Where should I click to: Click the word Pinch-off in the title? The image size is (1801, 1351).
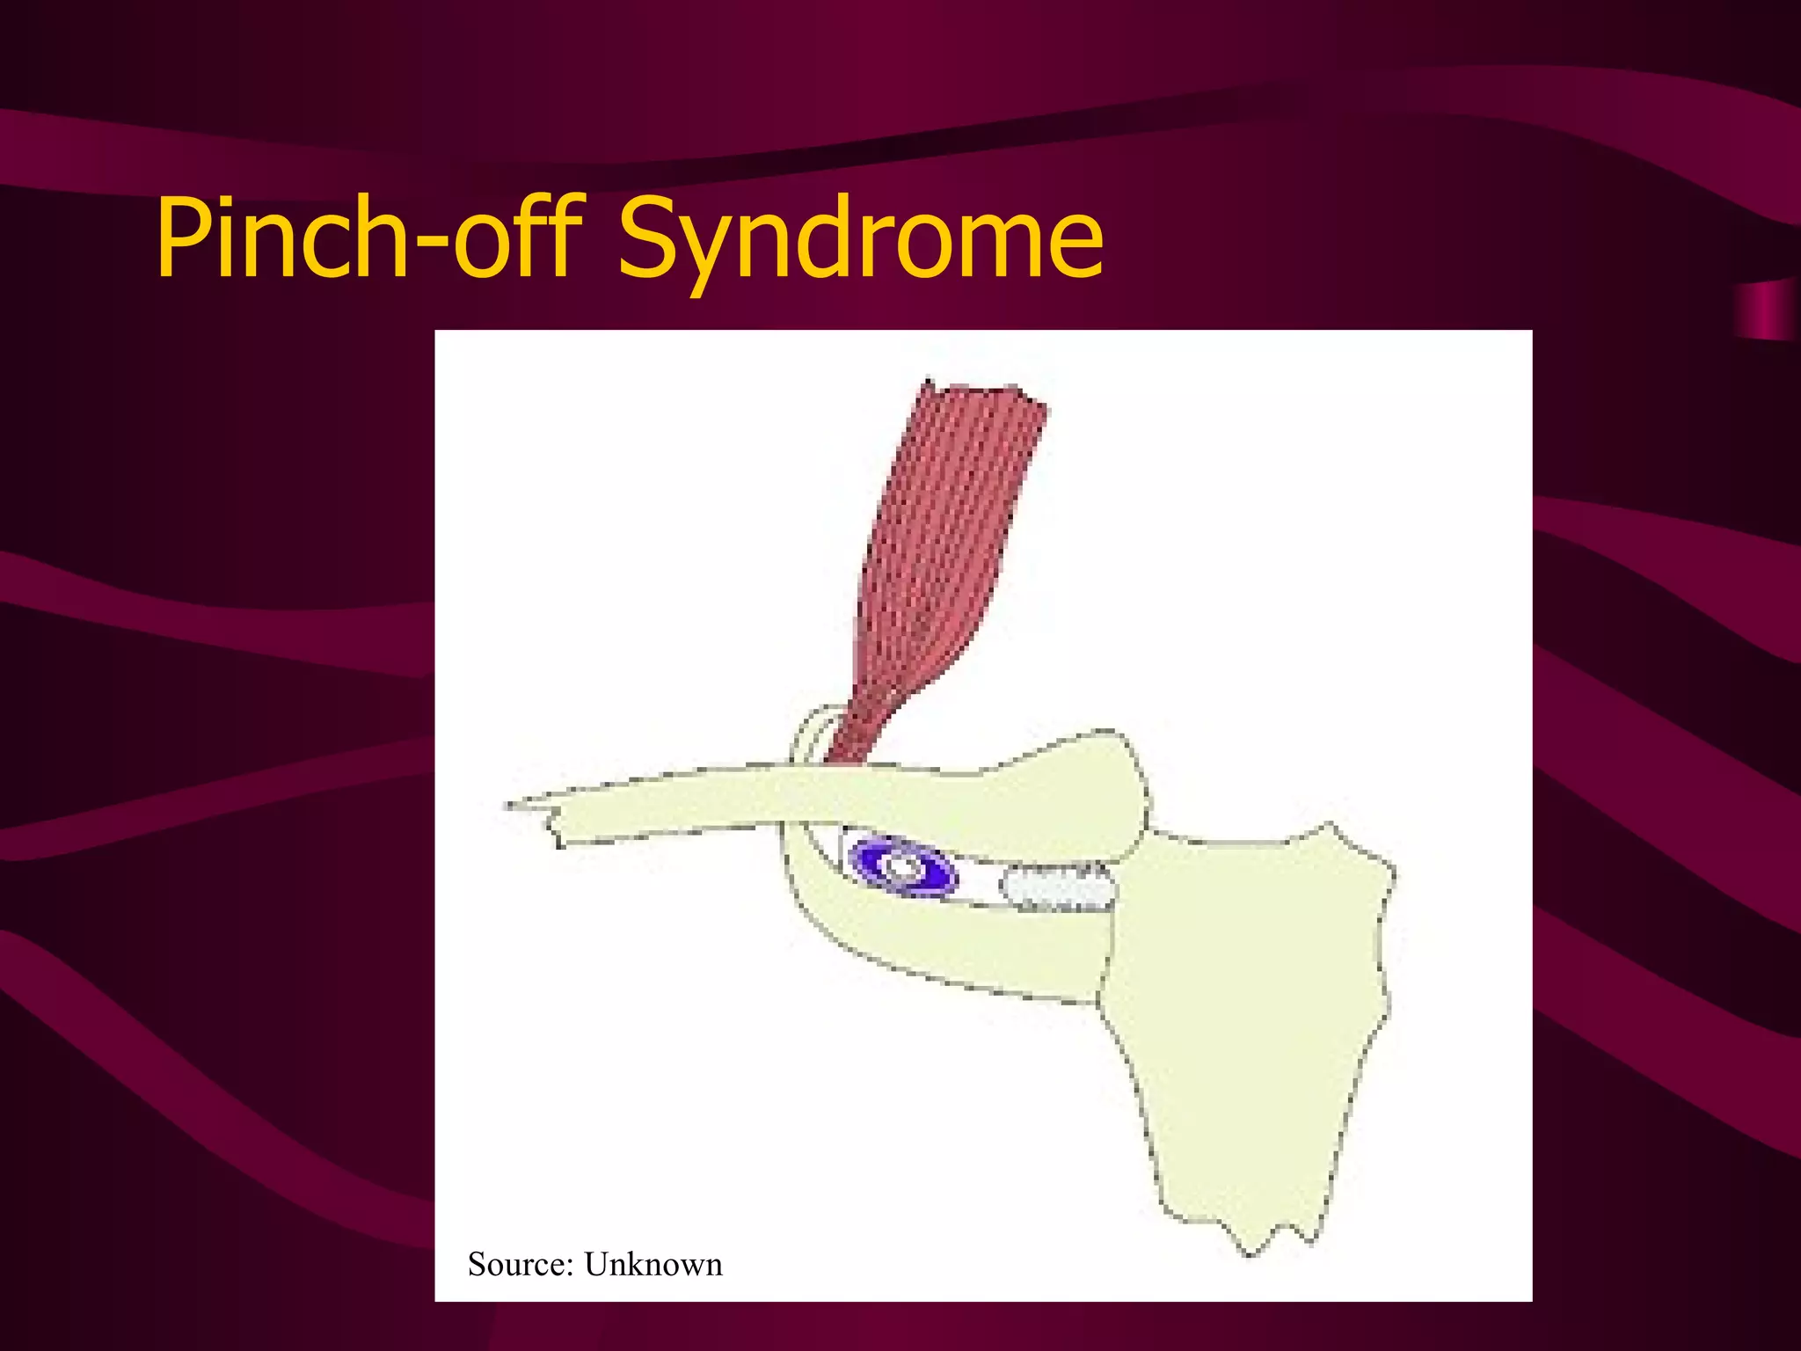(369, 237)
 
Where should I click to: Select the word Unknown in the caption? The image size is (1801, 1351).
(653, 1265)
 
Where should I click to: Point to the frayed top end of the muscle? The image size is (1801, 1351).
(985, 396)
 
